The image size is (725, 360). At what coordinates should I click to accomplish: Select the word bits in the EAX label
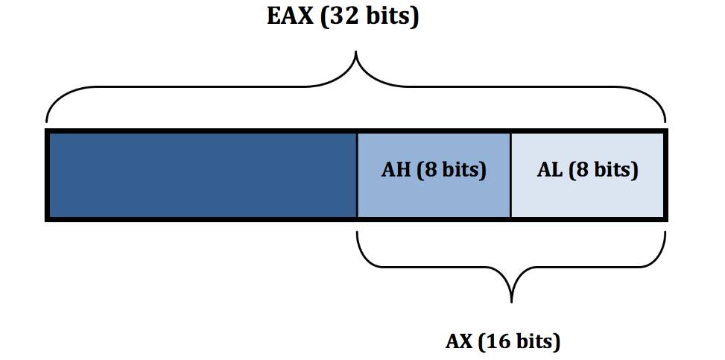[386, 16]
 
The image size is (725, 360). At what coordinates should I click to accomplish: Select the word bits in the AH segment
[462, 171]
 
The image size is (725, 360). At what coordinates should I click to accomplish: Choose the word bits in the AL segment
[614, 171]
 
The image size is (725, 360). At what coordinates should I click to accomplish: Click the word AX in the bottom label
[459, 342]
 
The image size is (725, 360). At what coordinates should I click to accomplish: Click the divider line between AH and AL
[510, 174]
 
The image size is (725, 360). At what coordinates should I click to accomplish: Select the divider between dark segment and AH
[357, 174]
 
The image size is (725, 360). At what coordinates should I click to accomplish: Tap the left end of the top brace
[47, 121]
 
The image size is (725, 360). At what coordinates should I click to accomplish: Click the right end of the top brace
[665, 121]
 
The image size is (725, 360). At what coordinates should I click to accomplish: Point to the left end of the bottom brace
[358, 233]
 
